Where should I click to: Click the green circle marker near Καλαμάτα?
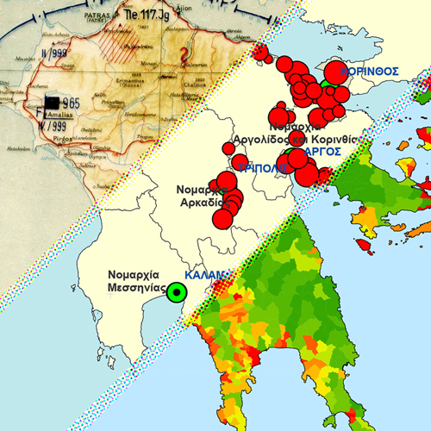[x=177, y=292]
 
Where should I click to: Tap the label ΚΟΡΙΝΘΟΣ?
[x=369, y=71]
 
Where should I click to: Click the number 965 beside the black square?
[x=70, y=104]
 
